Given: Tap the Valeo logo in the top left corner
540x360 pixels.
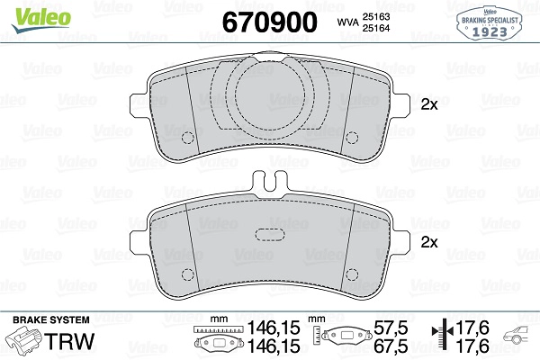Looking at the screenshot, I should tap(32, 13).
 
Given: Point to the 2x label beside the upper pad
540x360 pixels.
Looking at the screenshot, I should tap(429, 104).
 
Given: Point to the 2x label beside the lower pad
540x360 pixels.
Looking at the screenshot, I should tap(429, 243).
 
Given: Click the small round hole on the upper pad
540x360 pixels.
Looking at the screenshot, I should tap(189, 138).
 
